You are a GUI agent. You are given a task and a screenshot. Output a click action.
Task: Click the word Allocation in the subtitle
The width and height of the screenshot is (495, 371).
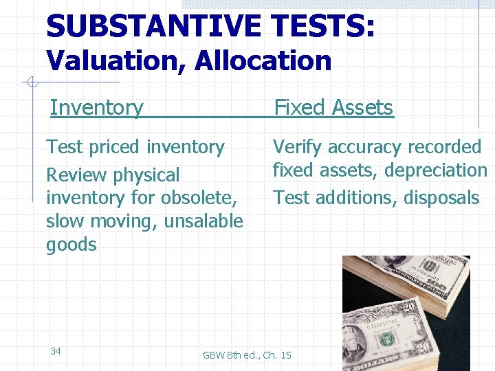point(263,61)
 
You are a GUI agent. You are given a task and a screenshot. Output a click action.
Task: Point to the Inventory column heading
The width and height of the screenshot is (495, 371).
point(96,107)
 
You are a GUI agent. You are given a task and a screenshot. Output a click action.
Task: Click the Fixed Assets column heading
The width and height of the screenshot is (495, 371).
point(333,107)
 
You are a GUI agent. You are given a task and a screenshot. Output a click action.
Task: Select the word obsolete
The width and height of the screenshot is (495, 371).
point(198,198)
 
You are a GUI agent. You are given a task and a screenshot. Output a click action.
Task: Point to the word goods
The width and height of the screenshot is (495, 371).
point(71,245)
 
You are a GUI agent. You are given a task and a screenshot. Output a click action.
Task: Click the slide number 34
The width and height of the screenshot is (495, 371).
point(56,351)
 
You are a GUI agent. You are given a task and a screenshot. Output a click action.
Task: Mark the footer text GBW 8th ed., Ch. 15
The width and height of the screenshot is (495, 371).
point(247,355)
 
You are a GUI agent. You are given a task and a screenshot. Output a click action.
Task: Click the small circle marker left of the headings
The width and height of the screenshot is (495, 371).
point(31,82)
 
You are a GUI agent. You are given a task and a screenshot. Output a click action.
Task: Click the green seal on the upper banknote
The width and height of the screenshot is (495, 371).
point(431,267)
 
